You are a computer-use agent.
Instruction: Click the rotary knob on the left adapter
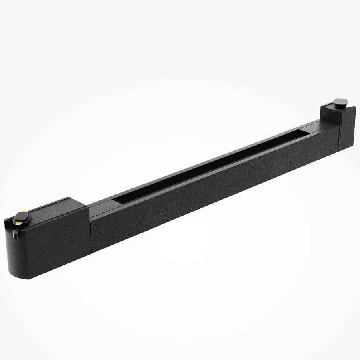point(21,218)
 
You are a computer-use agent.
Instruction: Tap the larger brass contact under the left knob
point(25,212)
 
